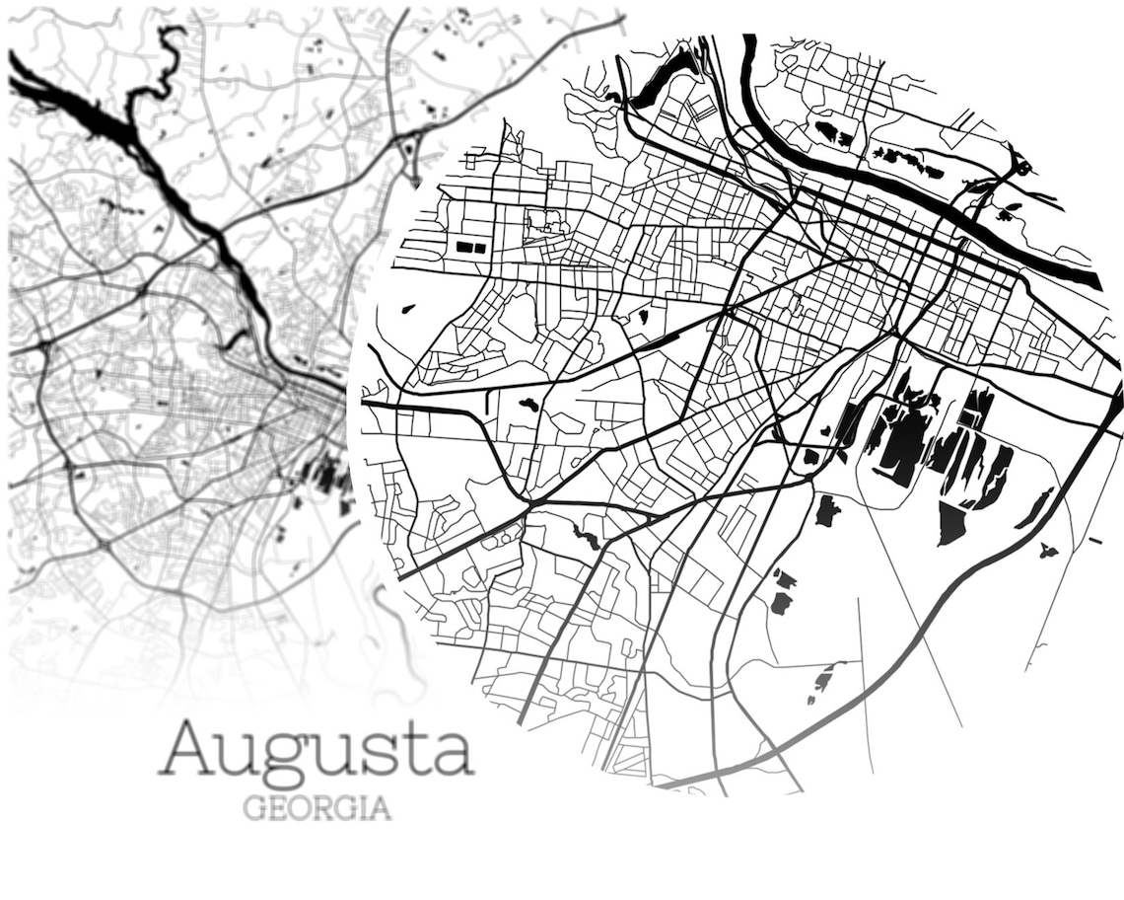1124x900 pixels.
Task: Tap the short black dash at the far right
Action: pyautogui.click(x=1094, y=540)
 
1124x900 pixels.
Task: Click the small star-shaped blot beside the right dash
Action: pyautogui.click(x=1047, y=550)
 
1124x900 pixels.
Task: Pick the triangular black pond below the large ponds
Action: pyautogui.click(x=950, y=524)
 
